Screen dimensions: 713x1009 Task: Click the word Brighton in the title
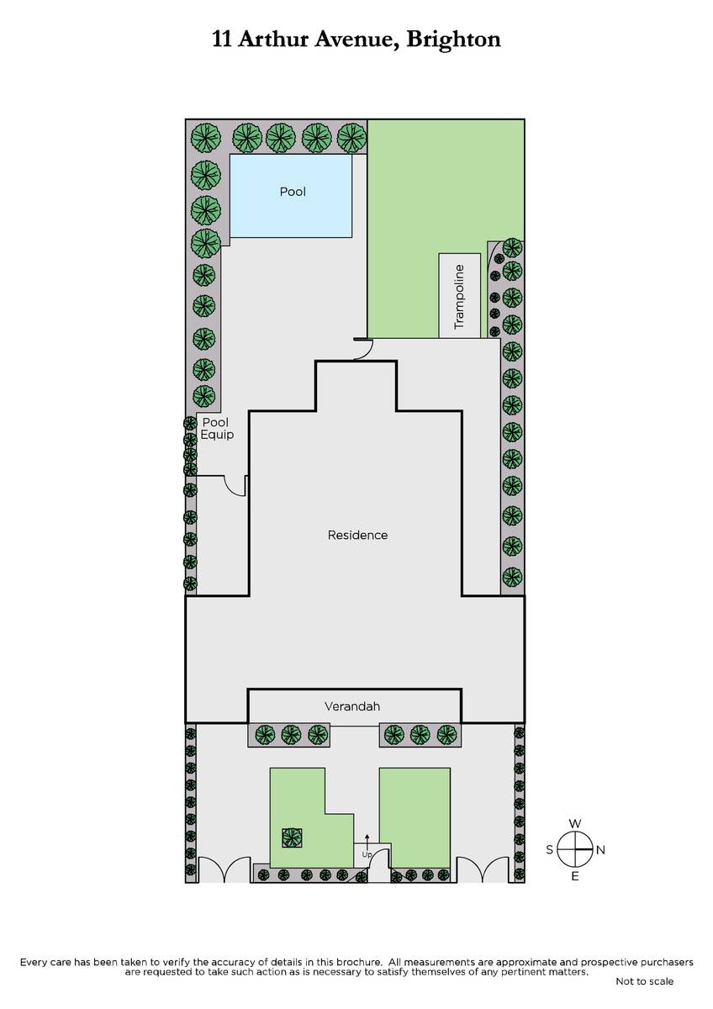point(453,40)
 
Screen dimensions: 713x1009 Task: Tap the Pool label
point(293,192)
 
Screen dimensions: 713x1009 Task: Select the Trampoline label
point(459,297)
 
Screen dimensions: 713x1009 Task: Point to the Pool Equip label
point(217,428)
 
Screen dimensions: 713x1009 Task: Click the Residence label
point(357,535)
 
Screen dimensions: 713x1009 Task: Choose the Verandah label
point(352,706)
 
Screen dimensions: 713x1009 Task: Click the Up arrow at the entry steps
point(367,842)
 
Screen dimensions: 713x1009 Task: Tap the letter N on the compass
point(600,850)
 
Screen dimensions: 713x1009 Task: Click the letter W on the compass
point(575,824)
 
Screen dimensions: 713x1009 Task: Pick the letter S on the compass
point(550,849)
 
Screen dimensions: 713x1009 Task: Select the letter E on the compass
point(575,876)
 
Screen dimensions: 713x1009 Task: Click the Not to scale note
point(645,981)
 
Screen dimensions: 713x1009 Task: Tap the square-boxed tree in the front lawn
point(292,838)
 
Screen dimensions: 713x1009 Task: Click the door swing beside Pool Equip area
point(235,486)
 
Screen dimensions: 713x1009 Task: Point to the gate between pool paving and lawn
point(363,349)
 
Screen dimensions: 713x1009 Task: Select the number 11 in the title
point(222,40)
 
